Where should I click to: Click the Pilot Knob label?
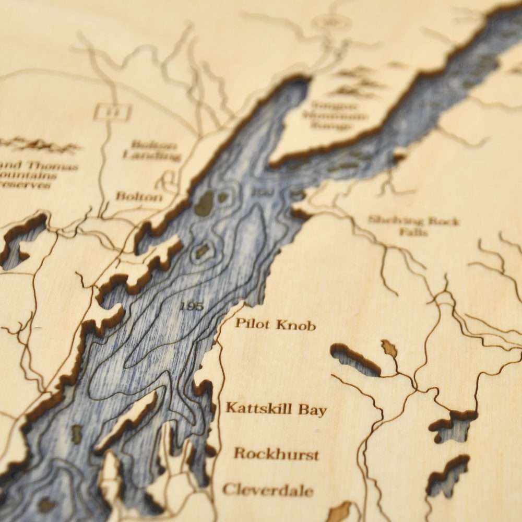tap(275, 324)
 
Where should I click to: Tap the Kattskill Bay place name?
tap(276, 409)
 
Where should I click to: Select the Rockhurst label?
tap(276, 453)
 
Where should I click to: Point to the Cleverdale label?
tap(268, 490)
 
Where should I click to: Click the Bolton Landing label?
tap(152, 150)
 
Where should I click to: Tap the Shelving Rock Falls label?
tap(414, 226)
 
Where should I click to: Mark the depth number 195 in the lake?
tap(191, 306)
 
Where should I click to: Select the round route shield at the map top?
tap(328, 22)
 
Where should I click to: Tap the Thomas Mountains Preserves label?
tap(37, 175)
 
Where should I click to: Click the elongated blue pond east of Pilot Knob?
tap(355, 360)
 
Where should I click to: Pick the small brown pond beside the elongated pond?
tap(389, 348)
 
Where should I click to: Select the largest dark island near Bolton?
tap(204, 203)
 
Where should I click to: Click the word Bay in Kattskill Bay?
tap(312, 410)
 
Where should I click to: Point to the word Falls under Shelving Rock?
tap(413, 232)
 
